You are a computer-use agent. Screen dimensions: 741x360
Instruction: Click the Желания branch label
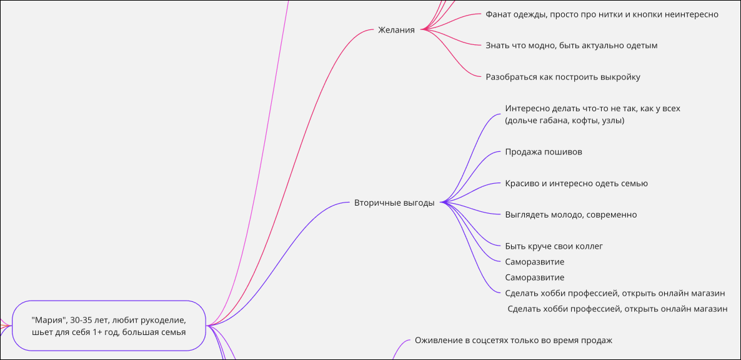pyautogui.click(x=396, y=29)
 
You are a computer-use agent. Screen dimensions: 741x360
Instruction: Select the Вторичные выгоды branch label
pyautogui.click(x=394, y=202)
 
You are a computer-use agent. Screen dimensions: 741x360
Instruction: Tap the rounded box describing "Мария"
pyautogui.click(x=109, y=326)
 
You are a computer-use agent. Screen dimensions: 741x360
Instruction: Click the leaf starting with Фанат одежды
pyautogui.click(x=602, y=14)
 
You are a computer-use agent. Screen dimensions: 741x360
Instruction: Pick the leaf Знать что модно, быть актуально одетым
pyautogui.click(x=571, y=46)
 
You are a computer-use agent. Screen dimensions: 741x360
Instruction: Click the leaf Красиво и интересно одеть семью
pyautogui.click(x=576, y=183)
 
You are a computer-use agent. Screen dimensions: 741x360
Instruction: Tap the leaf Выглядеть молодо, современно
pyautogui.click(x=570, y=214)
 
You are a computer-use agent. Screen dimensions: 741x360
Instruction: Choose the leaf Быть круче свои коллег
pyautogui.click(x=554, y=246)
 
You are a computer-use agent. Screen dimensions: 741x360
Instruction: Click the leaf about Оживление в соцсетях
pyautogui.click(x=513, y=341)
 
